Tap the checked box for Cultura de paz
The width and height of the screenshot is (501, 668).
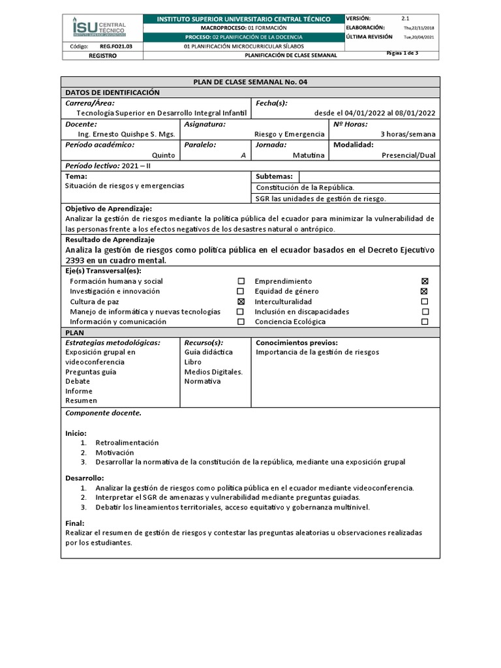241,301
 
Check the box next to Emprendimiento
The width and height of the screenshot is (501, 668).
425,281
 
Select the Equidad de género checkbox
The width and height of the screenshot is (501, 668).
425,292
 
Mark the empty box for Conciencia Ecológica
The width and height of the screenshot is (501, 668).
425,322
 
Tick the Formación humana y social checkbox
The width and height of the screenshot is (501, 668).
241,281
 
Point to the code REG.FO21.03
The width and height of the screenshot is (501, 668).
115,47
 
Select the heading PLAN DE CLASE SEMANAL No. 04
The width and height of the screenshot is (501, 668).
250,82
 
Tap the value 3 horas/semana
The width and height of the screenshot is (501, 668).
408,134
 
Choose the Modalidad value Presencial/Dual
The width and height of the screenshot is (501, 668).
408,155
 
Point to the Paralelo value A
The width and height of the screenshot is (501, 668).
243,155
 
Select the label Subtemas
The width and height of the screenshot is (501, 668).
274,176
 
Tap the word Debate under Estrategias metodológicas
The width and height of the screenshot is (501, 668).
78,381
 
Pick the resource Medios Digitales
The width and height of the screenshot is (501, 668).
213,372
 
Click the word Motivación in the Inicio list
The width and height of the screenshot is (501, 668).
114,452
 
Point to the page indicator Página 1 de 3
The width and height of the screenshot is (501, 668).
402,53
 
